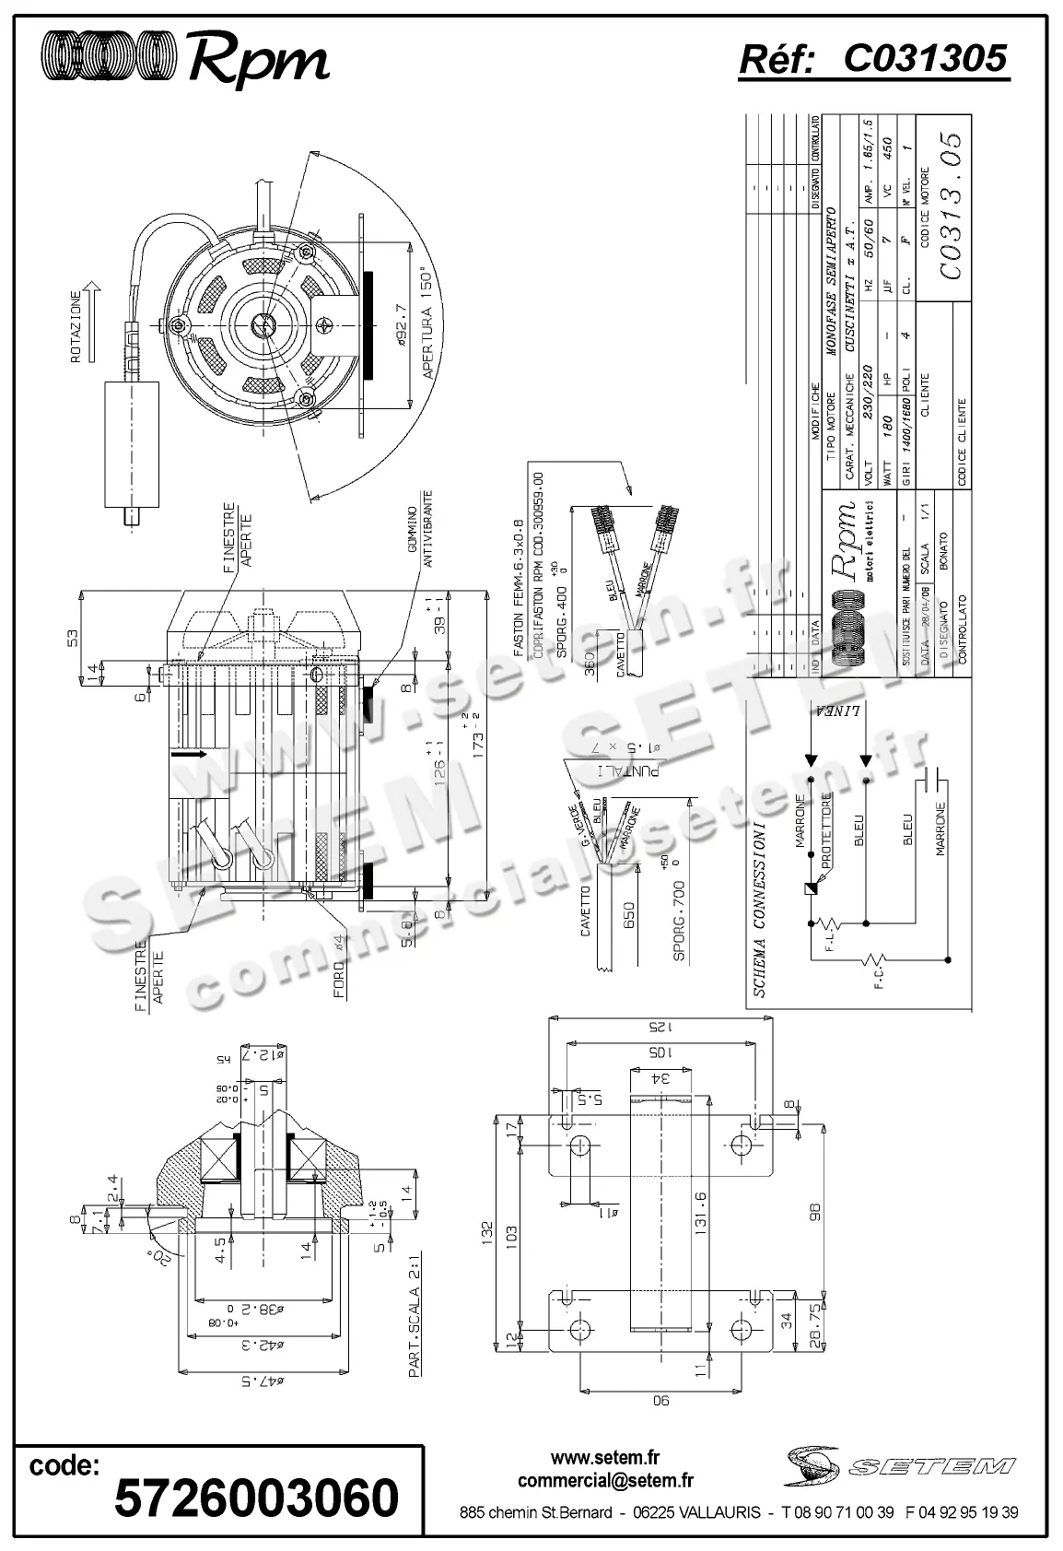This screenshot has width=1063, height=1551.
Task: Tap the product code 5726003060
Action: [256, 1497]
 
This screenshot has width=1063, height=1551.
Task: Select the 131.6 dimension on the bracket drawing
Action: [700, 1215]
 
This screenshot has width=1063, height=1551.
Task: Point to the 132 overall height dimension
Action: [488, 1230]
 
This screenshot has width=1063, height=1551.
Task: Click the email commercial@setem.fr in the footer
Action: [605, 1481]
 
